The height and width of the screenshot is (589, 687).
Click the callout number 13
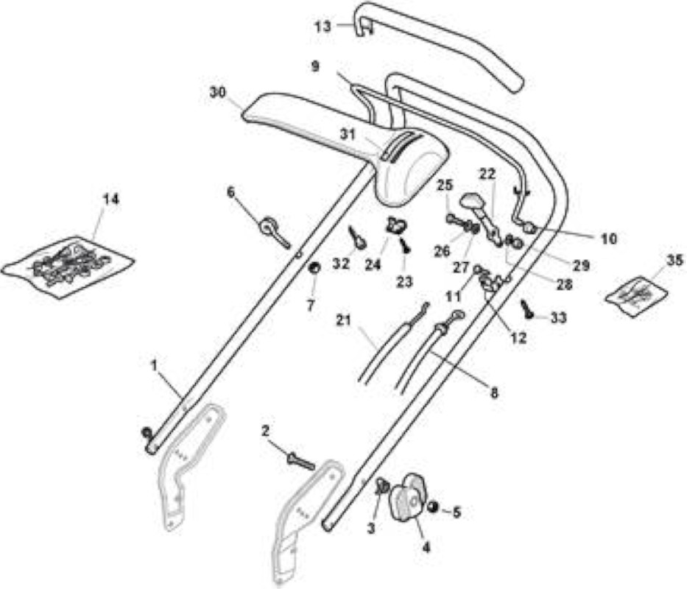(x=324, y=27)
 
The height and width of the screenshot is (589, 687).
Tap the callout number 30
(x=218, y=93)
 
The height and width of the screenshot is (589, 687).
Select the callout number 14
(x=110, y=200)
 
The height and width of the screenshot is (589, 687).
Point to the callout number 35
(x=674, y=260)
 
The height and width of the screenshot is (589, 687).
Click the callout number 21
(x=343, y=320)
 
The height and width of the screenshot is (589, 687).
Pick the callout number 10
(x=608, y=239)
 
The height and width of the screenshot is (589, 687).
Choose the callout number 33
(x=558, y=318)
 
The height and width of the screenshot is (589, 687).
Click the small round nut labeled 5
(x=433, y=507)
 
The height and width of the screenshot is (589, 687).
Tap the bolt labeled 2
(x=300, y=461)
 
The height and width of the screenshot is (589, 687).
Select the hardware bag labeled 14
(x=68, y=267)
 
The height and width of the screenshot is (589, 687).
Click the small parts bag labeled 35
(x=637, y=296)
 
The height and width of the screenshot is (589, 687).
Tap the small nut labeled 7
(x=314, y=267)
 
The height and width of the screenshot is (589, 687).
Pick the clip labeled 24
(x=395, y=225)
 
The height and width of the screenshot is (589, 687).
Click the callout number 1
(x=154, y=365)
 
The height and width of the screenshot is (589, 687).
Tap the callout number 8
(x=494, y=393)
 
